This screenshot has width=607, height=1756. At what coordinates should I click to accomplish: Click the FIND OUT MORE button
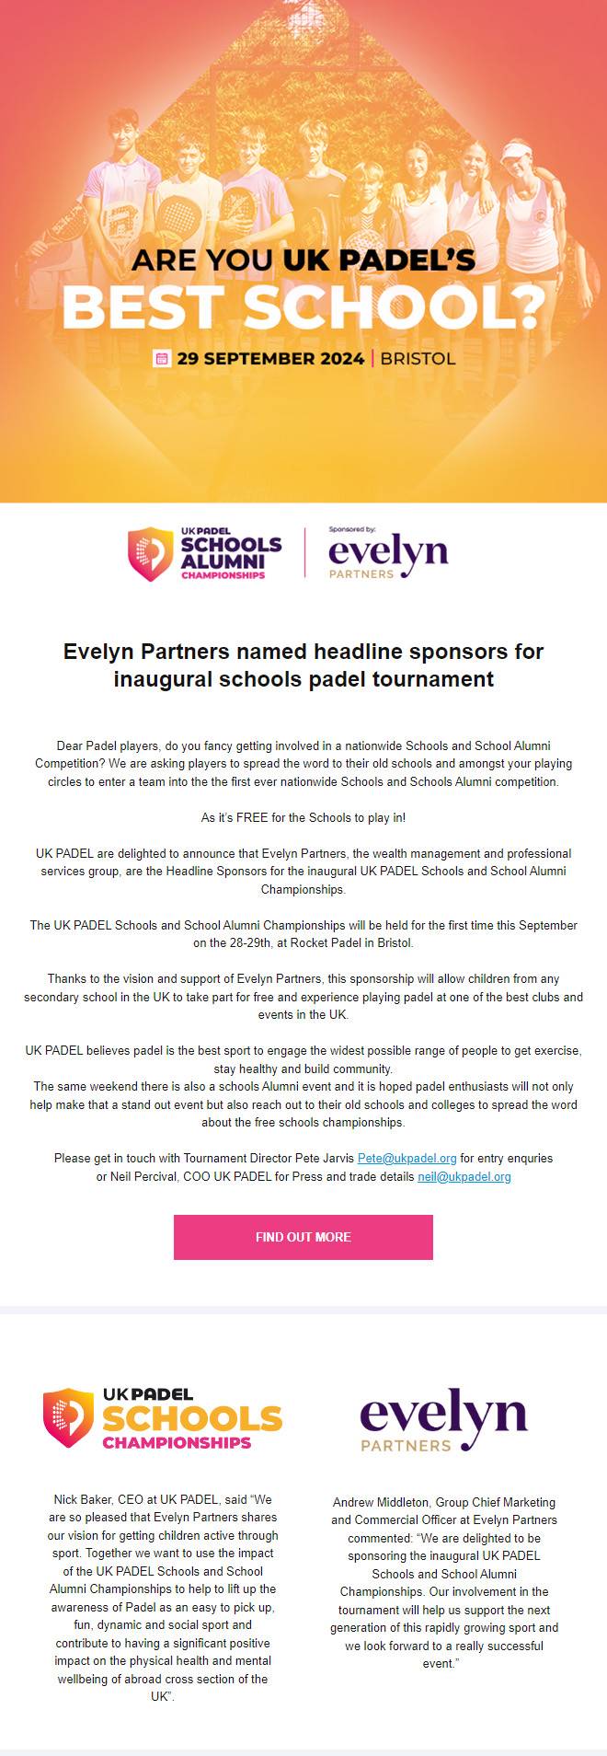303,1237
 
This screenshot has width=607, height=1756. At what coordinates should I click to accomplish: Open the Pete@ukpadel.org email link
407,1158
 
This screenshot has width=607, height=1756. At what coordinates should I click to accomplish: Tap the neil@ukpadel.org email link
464,1176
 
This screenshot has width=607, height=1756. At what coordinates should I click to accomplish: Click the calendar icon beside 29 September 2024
162,358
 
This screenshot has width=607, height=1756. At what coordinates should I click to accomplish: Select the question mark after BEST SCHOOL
527,308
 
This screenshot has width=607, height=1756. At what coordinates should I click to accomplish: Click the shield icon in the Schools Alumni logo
150,554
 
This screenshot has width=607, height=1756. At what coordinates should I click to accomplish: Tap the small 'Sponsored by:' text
352,530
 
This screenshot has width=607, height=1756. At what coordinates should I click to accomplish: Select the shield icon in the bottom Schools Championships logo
69,1417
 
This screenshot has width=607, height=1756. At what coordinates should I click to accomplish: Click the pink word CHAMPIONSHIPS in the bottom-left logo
177,1442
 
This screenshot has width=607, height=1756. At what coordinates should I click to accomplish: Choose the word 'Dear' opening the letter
70,745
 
